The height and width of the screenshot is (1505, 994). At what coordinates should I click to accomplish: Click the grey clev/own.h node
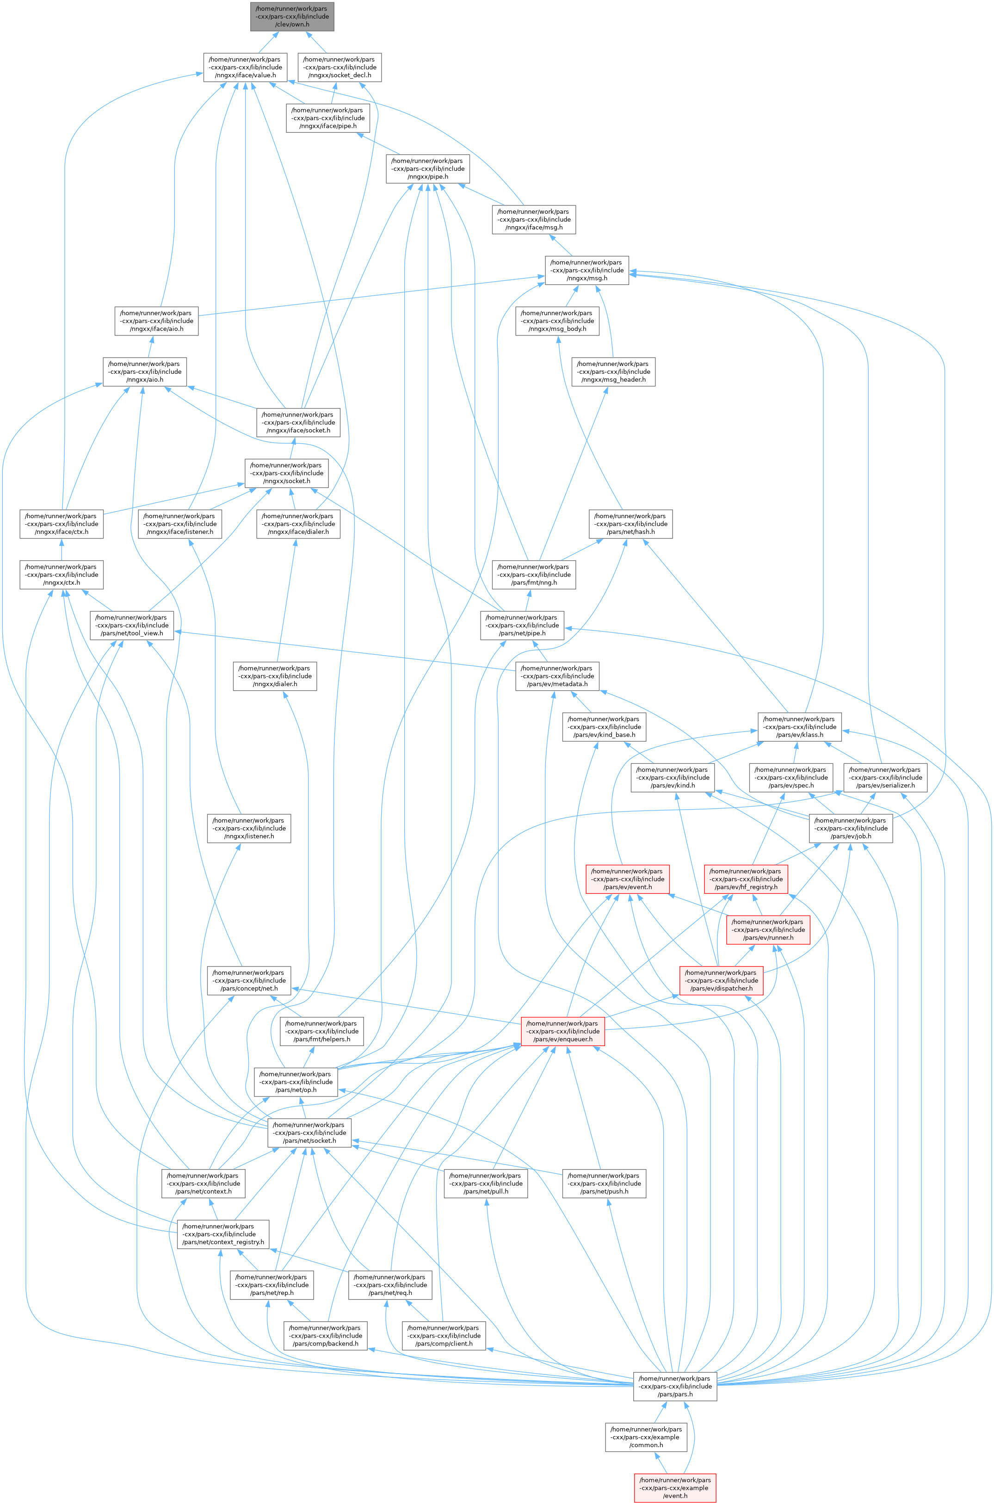pos(291,17)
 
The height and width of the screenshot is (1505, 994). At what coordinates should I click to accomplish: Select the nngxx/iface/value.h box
pos(245,67)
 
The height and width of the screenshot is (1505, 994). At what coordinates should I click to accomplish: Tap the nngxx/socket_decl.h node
pos(340,67)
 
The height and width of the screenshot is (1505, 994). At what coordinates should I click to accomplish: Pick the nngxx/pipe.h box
pos(428,168)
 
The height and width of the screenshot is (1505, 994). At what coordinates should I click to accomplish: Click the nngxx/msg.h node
pos(587,270)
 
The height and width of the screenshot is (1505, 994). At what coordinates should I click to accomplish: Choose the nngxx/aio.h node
pos(144,372)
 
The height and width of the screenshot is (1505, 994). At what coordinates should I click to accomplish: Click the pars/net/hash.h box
pos(631,524)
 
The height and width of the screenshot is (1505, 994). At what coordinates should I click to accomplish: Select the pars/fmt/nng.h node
pos(534,574)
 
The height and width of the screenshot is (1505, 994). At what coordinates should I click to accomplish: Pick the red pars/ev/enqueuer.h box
pos(563,1031)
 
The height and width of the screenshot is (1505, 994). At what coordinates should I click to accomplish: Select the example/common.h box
pos(647,1437)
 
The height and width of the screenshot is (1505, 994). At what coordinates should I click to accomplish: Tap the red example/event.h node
pos(675,1487)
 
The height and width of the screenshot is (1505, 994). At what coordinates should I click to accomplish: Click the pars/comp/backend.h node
pos(326,1335)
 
